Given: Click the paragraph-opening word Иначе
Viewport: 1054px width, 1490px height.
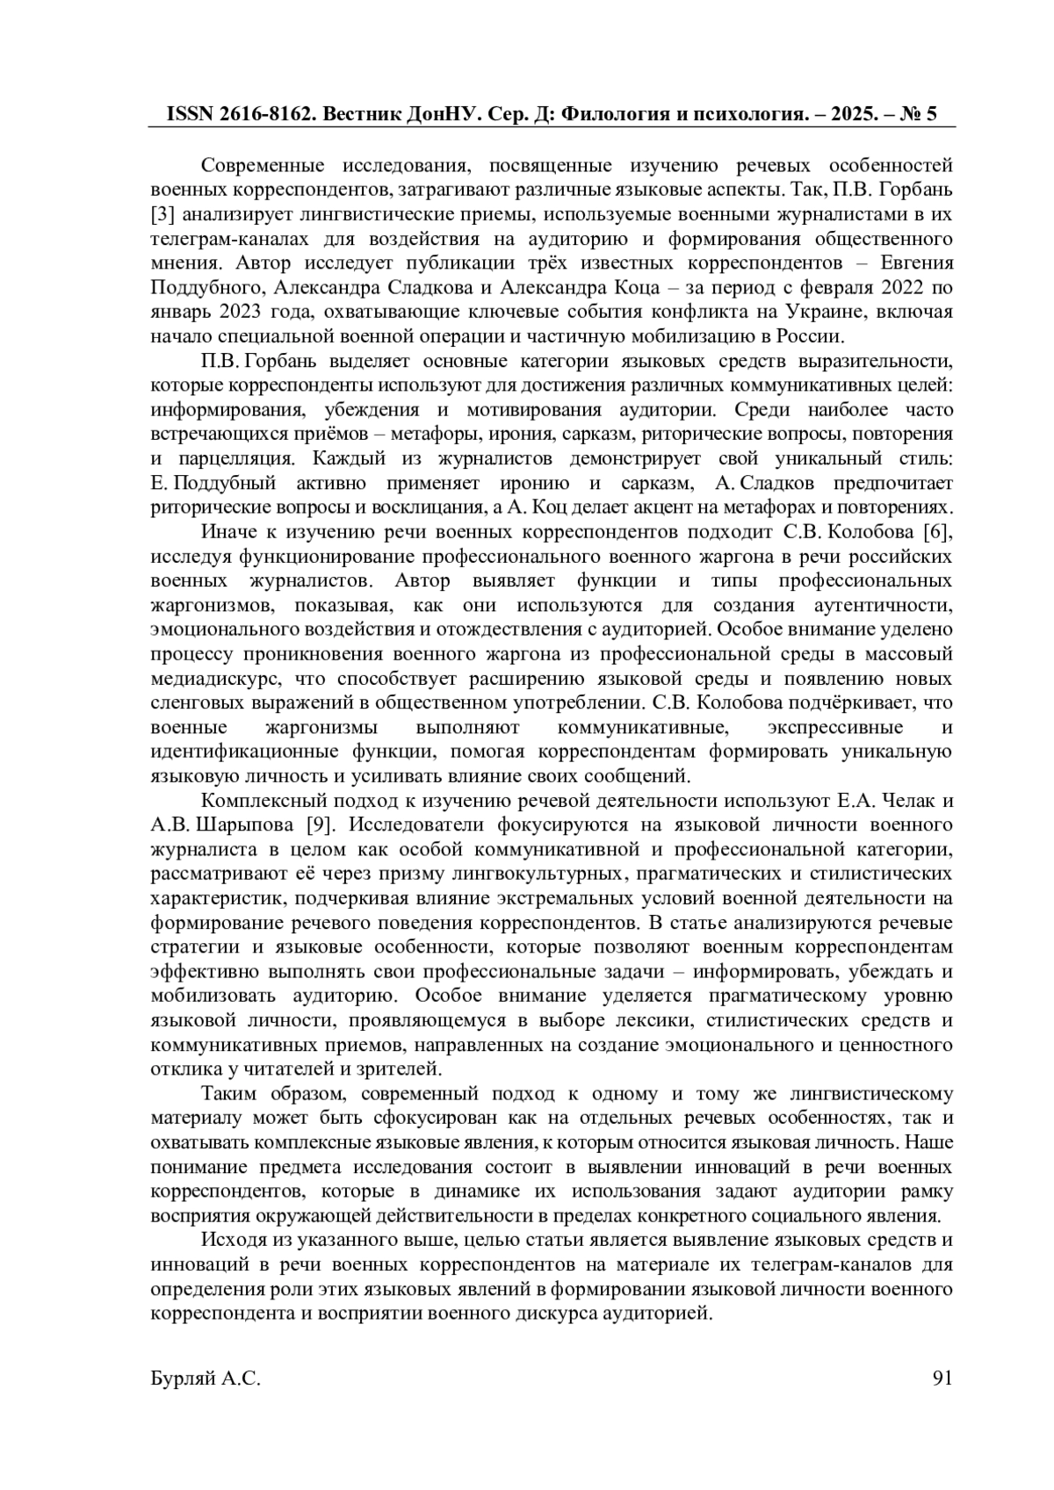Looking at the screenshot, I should click(227, 532).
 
